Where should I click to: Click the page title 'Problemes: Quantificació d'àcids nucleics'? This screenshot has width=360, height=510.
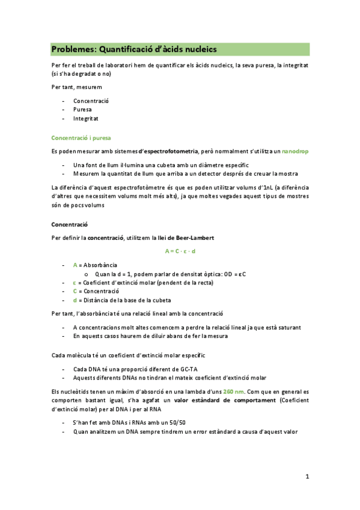coord(133,49)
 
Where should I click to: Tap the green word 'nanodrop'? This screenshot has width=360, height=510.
coord(295,151)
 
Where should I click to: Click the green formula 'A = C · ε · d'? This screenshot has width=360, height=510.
coord(180,251)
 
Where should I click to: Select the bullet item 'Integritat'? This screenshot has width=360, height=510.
coord(86,119)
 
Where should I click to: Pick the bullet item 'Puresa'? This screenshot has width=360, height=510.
coord(83,110)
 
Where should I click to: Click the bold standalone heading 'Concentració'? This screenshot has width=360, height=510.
coord(69,224)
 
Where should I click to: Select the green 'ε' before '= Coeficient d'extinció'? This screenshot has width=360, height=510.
coord(75,282)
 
